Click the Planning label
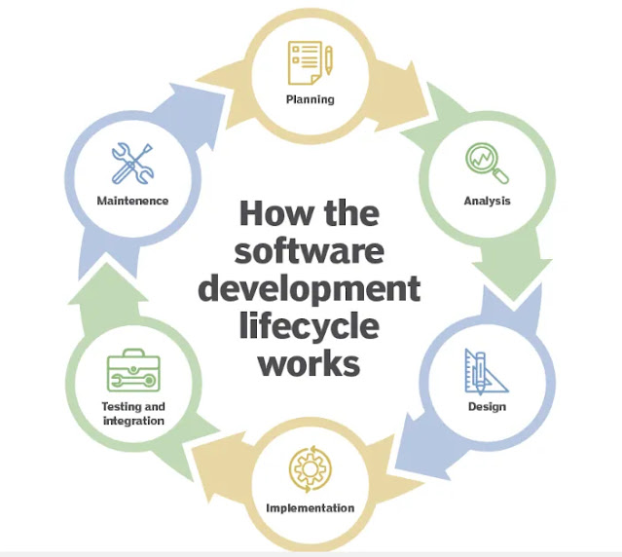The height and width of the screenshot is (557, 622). (x=311, y=99)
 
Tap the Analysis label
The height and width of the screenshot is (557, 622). (x=488, y=202)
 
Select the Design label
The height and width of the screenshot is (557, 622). (x=487, y=406)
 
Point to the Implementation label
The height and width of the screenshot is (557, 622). (x=311, y=508)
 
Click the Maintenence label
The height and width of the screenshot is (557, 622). (x=132, y=202)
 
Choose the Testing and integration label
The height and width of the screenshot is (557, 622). (x=133, y=413)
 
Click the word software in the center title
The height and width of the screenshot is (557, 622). (x=311, y=249)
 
